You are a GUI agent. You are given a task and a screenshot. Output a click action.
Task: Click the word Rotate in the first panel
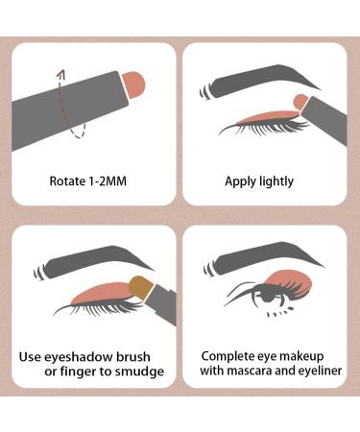pos(67,181)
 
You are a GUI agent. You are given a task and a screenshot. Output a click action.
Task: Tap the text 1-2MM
pos(107,181)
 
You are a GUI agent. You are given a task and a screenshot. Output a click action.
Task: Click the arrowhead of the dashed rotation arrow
pos(61,74)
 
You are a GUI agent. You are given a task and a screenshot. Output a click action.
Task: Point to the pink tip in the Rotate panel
pos(134,85)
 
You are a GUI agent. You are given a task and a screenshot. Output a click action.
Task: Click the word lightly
pos(276,181)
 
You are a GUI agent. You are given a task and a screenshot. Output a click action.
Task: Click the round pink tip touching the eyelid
pos(300,101)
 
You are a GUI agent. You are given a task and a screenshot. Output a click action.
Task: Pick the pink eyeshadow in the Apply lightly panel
pos(269,117)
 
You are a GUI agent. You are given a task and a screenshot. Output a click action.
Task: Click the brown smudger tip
pos(141,287)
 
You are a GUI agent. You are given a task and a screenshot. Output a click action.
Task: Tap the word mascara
pos(248,371)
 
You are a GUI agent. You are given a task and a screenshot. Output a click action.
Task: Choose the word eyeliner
pos(320,371)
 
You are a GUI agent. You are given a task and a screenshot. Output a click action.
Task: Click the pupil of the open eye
pos(267,297)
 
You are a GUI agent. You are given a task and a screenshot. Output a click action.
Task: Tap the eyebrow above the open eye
pos(264,258)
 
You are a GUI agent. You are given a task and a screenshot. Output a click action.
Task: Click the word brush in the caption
pos(133,356)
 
